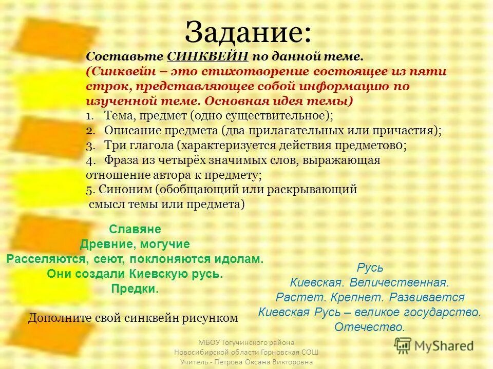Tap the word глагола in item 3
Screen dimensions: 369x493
150,145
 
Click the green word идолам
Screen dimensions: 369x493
239,259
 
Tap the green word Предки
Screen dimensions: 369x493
135,289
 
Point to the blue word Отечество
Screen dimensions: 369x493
370,326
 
